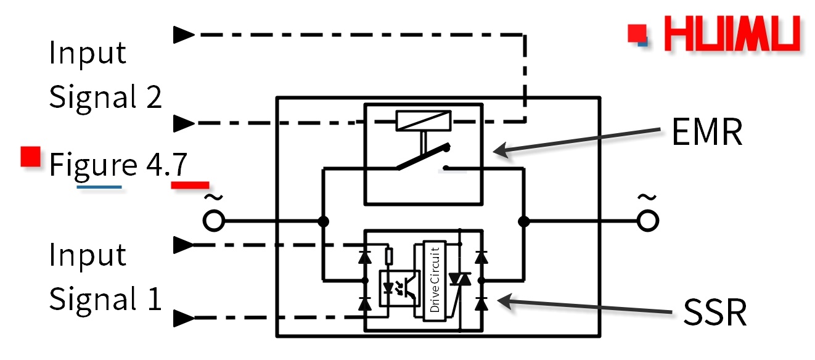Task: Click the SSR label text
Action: [x=715, y=313]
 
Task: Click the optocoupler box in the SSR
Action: [x=398, y=287]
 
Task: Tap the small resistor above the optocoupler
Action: [x=389, y=255]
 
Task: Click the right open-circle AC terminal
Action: [x=645, y=221]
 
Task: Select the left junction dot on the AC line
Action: [x=322, y=221]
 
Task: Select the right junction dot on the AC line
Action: [x=523, y=221]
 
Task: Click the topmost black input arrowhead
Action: [x=183, y=35]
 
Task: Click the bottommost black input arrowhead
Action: [x=183, y=318]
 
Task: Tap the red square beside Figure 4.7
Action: [x=30, y=157]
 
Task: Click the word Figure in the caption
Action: [x=93, y=165]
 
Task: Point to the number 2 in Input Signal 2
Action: [x=154, y=97]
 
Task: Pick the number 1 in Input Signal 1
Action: [x=154, y=299]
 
